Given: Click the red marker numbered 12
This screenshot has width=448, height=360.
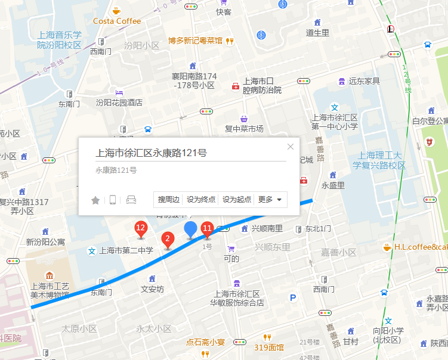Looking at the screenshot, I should coord(141,228).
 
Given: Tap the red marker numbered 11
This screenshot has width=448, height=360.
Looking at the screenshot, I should coord(207,228).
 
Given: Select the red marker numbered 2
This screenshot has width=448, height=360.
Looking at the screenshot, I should coord(168,240).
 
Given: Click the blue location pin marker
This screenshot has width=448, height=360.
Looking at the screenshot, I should coord(191,229).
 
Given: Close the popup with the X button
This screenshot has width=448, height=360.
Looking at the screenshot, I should coord(291,147).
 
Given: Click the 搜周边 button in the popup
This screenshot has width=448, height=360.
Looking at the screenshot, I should coord(169,200).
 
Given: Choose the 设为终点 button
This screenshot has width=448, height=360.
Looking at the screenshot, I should coord(201,200).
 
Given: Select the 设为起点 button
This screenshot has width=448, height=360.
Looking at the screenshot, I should coord(237,200).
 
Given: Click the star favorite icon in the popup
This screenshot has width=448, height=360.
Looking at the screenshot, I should coord(95,200).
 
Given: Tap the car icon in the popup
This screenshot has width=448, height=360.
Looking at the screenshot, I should coord(131,200).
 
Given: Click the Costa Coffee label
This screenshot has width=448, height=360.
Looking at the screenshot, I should coord(117,21).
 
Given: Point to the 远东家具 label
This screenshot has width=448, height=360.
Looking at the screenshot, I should coord(364,80).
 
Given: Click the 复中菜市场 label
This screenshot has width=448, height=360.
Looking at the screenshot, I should coord(244,128).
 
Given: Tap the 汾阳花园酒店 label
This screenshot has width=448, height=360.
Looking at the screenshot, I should coord(119,102).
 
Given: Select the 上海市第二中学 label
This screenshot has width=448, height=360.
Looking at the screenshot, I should coord(126,250).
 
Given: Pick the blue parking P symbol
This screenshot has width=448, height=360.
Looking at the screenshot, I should coord(292,297).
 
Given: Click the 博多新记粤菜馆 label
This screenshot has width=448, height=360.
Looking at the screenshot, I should coord(195,41).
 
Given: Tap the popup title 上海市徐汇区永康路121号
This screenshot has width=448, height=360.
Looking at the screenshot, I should coord(152,153).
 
